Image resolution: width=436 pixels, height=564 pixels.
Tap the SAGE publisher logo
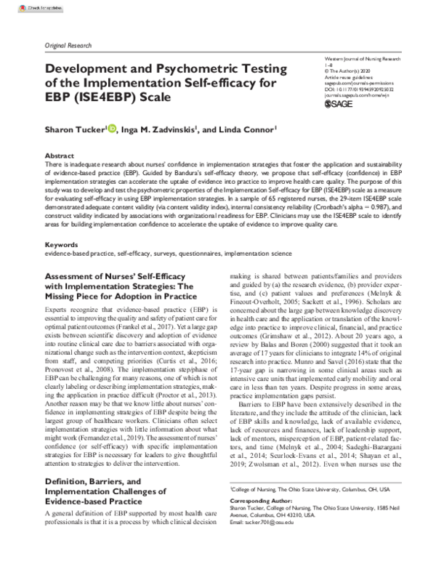[334, 104]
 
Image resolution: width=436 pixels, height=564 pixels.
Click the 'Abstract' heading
[59, 156]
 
